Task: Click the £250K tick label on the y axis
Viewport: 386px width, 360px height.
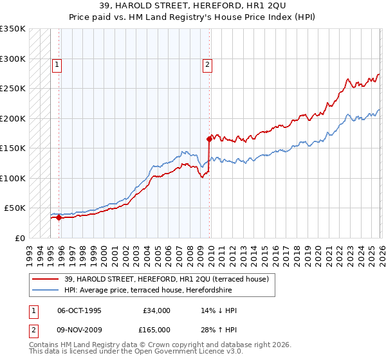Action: [x=13, y=89]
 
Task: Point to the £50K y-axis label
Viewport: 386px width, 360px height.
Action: [x=15, y=208]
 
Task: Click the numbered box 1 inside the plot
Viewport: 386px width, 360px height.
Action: [x=57, y=64]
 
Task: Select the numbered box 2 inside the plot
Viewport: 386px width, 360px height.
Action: [x=208, y=64]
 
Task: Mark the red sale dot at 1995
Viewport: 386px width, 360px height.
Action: [x=59, y=217]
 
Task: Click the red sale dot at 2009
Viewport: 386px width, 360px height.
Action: [x=209, y=139]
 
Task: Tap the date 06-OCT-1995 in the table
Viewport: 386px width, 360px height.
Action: [x=79, y=310]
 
